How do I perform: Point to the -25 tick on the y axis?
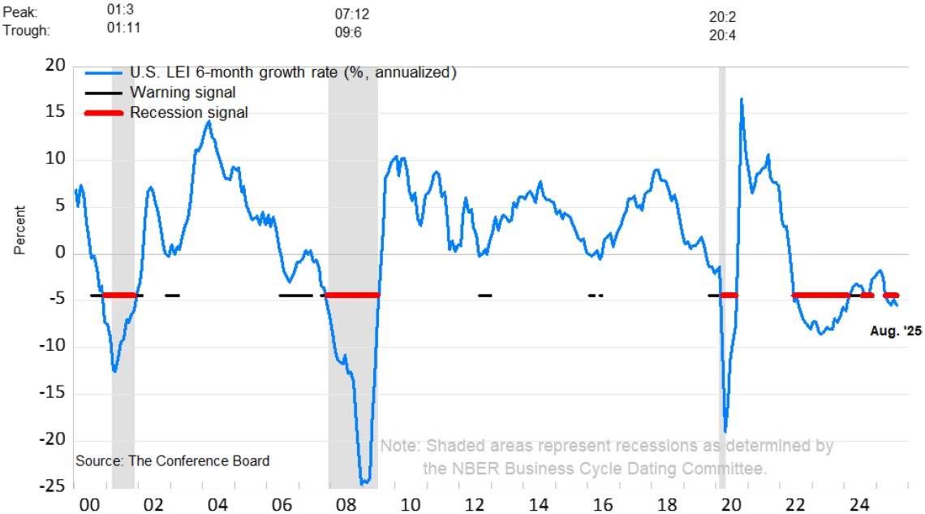coord(53,486)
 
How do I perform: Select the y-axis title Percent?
coord(20,231)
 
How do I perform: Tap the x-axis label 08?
coord(345,503)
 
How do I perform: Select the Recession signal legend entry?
coord(189,112)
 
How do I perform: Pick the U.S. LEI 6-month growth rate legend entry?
coord(293,72)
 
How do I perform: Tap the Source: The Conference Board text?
coord(173,461)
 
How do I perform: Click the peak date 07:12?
coord(352,15)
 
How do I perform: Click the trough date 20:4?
coord(721,36)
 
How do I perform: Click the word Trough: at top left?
coord(27,31)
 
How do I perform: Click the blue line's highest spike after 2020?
coord(741,99)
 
